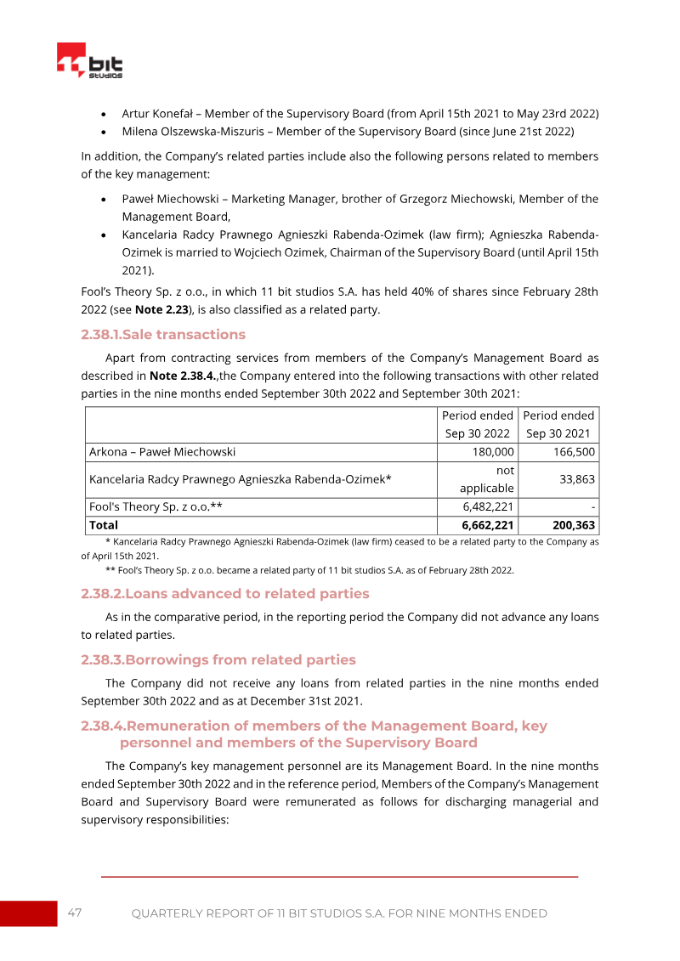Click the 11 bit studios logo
click(90, 62)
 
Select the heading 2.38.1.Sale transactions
click(163, 334)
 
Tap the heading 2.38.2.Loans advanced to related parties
click(225, 593)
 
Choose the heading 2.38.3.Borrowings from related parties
click(218, 659)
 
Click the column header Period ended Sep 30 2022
click(477, 424)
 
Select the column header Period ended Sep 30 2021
click(558, 424)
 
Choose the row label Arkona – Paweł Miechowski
click(162, 452)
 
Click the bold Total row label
click(104, 525)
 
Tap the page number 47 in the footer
click(75, 913)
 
